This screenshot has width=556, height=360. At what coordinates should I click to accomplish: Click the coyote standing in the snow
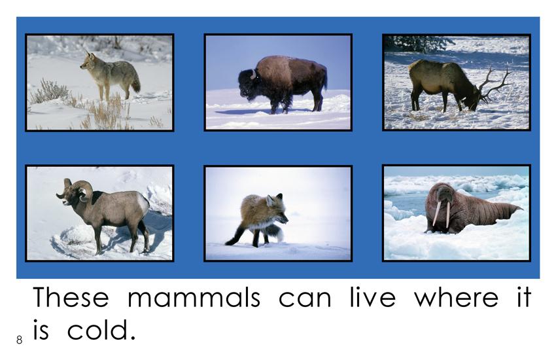pyautogui.click(x=110, y=75)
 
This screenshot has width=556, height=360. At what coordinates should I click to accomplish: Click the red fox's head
pyautogui.click(x=277, y=210)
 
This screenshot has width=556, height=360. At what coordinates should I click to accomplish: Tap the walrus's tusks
pyautogui.click(x=442, y=215)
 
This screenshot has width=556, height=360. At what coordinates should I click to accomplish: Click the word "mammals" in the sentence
pyautogui.click(x=194, y=298)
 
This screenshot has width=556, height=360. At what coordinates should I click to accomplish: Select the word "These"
pyautogui.click(x=71, y=297)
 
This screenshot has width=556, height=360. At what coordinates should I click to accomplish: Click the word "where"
pyautogui.click(x=457, y=298)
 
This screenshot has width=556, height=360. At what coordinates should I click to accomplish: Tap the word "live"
pyautogui.click(x=372, y=297)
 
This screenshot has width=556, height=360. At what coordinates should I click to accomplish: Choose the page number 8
pyautogui.click(x=19, y=340)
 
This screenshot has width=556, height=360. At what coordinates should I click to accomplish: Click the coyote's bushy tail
pyautogui.click(x=135, y=84)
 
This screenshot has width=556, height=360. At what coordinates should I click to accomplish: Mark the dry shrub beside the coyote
pyautogui.click(x=49, y=91)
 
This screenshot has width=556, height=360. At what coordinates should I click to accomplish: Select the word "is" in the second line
pyautogui.click(x=41, y=330)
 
